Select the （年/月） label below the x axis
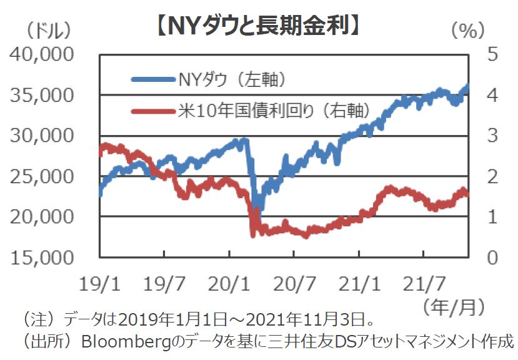click(454, 306)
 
